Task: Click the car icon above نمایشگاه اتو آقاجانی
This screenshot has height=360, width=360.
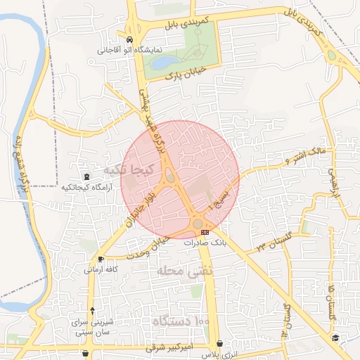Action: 131,39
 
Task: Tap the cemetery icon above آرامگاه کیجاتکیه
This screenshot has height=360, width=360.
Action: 86,176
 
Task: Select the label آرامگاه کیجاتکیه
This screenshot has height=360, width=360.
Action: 86,188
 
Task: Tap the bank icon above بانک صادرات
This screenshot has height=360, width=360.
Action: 205,231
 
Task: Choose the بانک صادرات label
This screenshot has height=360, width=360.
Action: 203,241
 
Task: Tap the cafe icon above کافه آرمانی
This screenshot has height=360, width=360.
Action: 101,259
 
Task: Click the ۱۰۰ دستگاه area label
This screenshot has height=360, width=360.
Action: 181,321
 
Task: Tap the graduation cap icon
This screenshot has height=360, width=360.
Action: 336,338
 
